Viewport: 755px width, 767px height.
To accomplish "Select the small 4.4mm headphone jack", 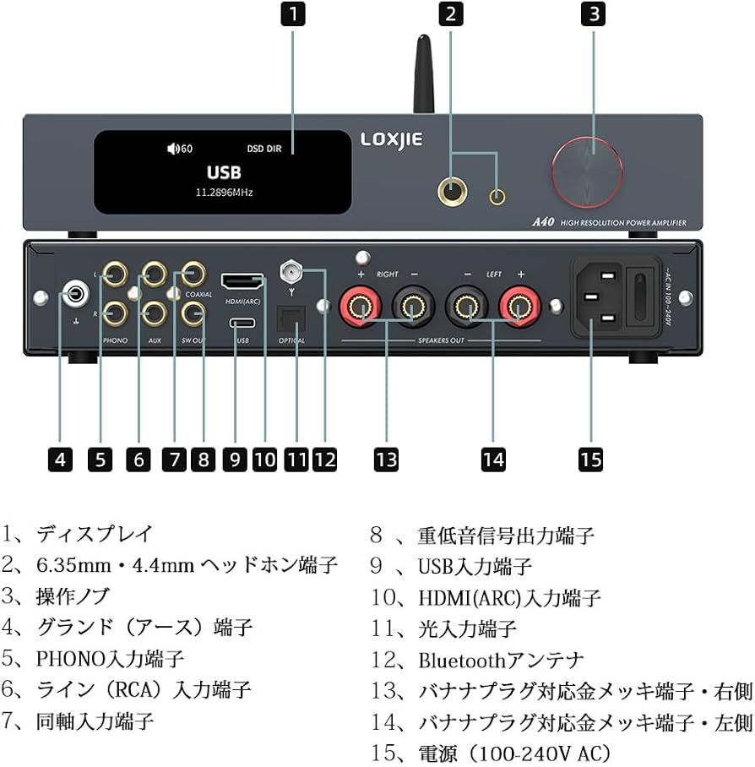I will point(498,198).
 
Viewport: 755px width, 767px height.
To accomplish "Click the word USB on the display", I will point(224,172).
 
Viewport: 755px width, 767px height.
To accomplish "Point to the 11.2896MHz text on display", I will point(224,193).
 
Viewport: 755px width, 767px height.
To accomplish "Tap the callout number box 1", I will point(292,14).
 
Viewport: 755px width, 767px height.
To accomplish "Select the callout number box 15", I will point(590,459).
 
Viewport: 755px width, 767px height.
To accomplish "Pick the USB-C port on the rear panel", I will point(241,324).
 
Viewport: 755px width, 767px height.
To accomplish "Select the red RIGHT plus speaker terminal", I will point(354,305).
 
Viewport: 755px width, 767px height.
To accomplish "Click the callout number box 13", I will point(386,459).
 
